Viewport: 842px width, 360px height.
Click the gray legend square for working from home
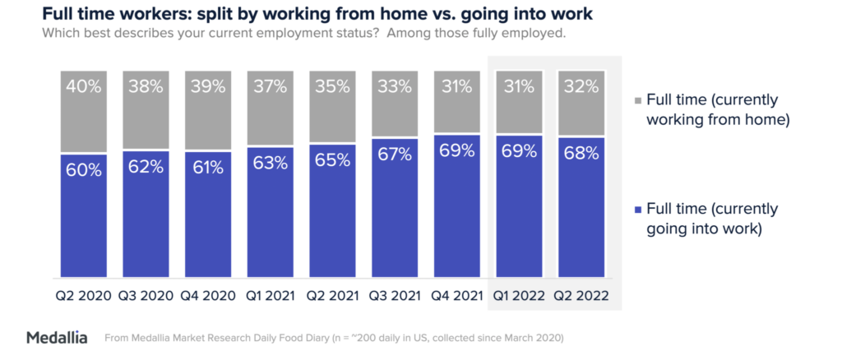point(641,100)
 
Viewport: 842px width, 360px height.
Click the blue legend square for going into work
point(641,210)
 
